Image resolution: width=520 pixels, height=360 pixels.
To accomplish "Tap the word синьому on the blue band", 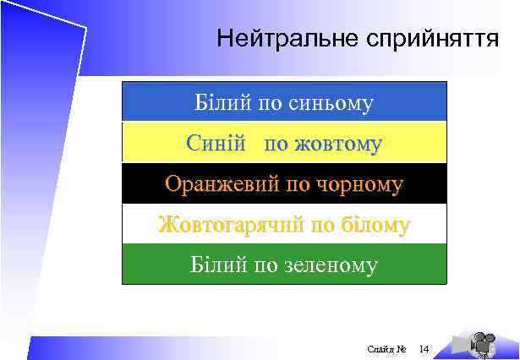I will click(x=331, y=103).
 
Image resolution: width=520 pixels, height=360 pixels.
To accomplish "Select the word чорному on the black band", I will click(x=359, y=183).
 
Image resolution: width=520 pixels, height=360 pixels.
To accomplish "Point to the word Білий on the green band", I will click(x=216, y=265).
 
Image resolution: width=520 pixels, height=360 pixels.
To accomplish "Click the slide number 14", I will click(x=424, y=349).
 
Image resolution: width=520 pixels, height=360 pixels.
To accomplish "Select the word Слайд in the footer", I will click(x=380, y=349).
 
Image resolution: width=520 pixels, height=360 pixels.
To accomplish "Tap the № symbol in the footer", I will click(x=402, y=349).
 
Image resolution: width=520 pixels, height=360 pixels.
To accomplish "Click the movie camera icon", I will click(x=481, y=341).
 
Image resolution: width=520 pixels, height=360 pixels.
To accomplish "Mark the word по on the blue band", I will click(x=270, y=103).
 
